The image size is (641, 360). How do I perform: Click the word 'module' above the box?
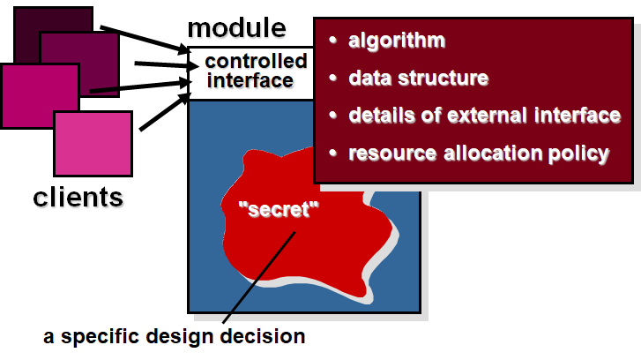(x=236, y=28)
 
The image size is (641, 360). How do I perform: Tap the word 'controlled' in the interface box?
(x=256, y=62)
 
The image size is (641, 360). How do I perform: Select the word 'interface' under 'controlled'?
(x=249, y=80)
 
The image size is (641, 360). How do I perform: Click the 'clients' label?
(x=78, y=196)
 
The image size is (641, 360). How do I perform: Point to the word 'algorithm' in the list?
(x=396, y=41)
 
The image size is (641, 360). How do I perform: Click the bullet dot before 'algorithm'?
(x=332, y=41)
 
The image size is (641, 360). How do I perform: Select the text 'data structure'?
(x=418, y=78)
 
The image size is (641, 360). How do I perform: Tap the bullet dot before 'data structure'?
(x=332, y=78)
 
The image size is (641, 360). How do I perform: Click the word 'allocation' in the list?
(x=486, y=153)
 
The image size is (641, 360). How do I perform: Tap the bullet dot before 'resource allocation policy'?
(x=332, y=153)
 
